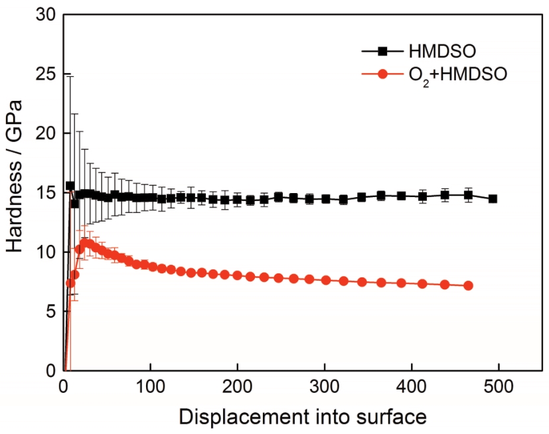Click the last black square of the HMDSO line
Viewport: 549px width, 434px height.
(x=493, y=198)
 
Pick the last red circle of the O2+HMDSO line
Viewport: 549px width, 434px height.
(x=468, y=285)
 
